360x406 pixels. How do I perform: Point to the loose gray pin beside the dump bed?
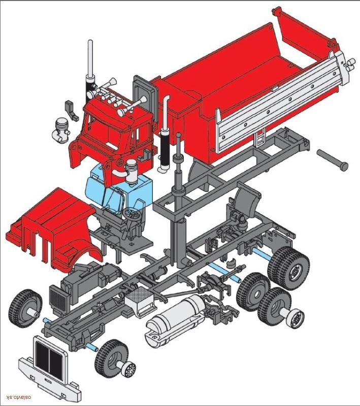[333, 158]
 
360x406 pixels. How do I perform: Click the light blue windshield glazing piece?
[119, 189]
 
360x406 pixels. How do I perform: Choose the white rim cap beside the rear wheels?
[296, 318]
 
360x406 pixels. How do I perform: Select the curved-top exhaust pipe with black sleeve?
[165, 132]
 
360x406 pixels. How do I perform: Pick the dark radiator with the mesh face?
[59, 299]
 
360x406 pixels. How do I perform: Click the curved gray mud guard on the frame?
[246, 195]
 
